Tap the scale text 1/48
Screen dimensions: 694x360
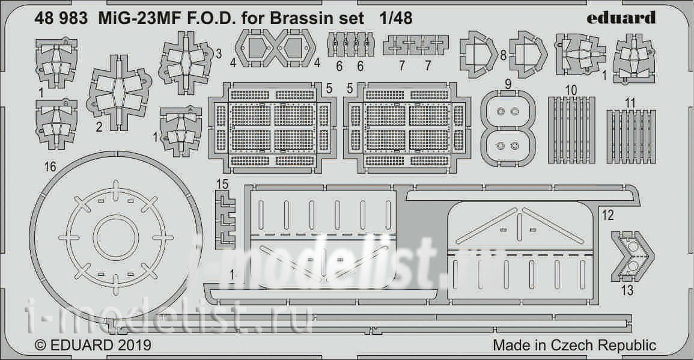click(396, 18)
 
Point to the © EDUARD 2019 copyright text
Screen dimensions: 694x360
click(93, 345)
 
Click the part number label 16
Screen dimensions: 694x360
click(50, 166)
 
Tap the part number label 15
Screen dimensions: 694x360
click(223, 184)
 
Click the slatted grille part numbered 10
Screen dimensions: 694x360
click(571, 129)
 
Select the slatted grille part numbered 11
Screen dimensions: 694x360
click(631, 136)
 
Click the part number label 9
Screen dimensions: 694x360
click(508, 84)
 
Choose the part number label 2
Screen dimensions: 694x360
click(99, 127)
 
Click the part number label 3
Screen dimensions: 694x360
click(219, 54)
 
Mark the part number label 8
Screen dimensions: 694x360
click(503, 56)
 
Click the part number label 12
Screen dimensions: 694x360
click(608, 215)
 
